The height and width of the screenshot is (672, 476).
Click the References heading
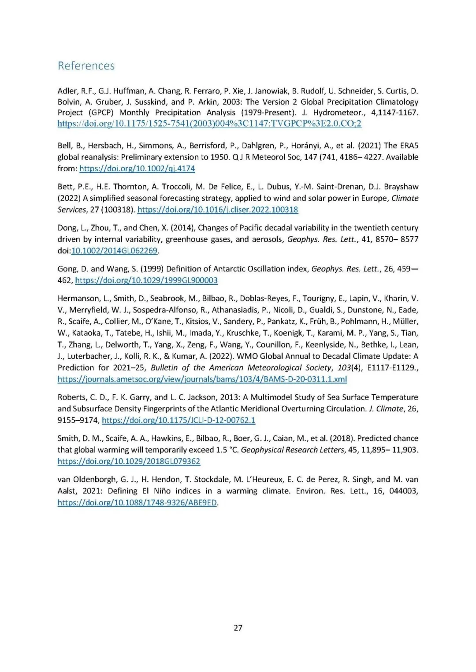86,66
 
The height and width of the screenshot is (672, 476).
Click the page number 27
238,628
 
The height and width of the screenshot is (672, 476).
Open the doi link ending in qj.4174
137,169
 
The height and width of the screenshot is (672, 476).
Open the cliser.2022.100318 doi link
218,210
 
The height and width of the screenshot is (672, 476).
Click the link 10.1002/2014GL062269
114,251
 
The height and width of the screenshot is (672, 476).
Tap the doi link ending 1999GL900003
146,280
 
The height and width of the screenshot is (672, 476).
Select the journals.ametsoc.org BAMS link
202,379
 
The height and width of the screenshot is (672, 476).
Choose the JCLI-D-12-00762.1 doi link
178,420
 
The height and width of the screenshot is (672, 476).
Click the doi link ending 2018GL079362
129,461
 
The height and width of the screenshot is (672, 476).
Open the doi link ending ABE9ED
137,503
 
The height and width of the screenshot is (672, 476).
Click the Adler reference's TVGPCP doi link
209,124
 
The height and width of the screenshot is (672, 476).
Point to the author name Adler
67,91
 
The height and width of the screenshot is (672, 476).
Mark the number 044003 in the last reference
403,491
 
